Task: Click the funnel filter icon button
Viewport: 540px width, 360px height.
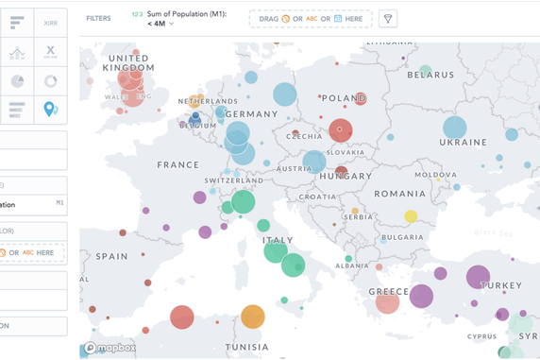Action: pos(388,19)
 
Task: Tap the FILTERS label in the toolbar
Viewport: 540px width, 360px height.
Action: pos(98,19)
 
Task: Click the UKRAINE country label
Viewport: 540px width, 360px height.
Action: pos(463,143)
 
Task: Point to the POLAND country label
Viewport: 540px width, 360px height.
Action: pos(343,98)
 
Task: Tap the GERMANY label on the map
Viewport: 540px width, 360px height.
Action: pos(253,114)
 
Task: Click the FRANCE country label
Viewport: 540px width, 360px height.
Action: pos(178,164)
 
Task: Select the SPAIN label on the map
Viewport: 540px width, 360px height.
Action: pos(111,256)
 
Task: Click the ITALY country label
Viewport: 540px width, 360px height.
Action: pos(277,240)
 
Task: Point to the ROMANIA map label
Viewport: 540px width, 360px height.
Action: pos(399,194)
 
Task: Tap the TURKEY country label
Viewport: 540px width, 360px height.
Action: pos(500,285)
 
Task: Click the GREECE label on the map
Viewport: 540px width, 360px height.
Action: pos(388,291)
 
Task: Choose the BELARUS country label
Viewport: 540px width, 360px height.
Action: pos(430,76)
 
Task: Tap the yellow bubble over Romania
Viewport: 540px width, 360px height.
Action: pos(411,216)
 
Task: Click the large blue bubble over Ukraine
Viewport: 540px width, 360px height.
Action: pos(454,128)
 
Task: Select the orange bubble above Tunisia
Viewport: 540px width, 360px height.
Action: pos(252,317)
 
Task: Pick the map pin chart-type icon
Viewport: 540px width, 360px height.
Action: pos(50,110)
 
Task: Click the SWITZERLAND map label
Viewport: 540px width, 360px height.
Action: pos(233,180)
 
